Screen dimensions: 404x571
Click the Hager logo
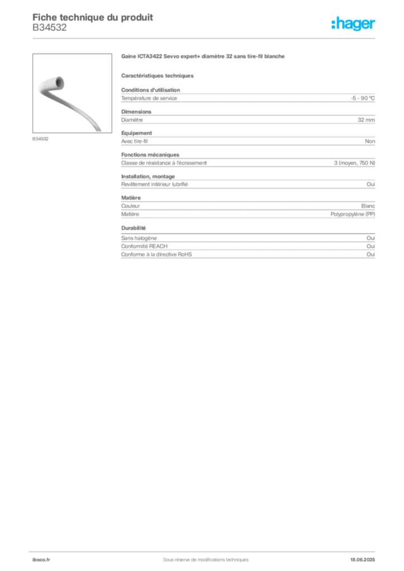(x=353, y=23)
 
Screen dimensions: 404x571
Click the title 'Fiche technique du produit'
(x=93, y=17)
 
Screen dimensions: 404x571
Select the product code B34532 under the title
(x=50, y=28)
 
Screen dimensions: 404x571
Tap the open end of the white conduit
(x=58, y=83)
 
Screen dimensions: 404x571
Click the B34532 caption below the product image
(x=40, y=139)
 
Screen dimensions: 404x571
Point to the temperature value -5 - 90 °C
(x=363, y=98)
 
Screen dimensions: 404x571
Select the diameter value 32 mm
(x=366, y=120)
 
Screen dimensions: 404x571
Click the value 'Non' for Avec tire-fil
(x=370, y=141)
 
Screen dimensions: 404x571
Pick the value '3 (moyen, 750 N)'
(x=354, y=163)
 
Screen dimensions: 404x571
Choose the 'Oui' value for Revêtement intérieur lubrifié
(x=371, y=184)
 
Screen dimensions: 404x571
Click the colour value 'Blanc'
(x=368, y=206)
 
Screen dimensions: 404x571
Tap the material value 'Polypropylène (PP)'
(x=353, y=214)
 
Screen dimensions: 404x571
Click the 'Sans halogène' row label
(x=139, y=238)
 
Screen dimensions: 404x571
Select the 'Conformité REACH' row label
(x=145, y=246)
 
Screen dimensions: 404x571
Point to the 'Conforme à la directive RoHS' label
(x=156, y=254)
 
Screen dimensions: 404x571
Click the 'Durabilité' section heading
(x=133, y=228)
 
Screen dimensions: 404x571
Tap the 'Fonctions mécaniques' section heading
(x=150, y=155)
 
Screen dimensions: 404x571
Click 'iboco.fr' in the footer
(x=41, y=560)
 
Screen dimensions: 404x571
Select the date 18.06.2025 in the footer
(x=363, y=560)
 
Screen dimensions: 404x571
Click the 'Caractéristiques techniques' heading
(x=157, y=76)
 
